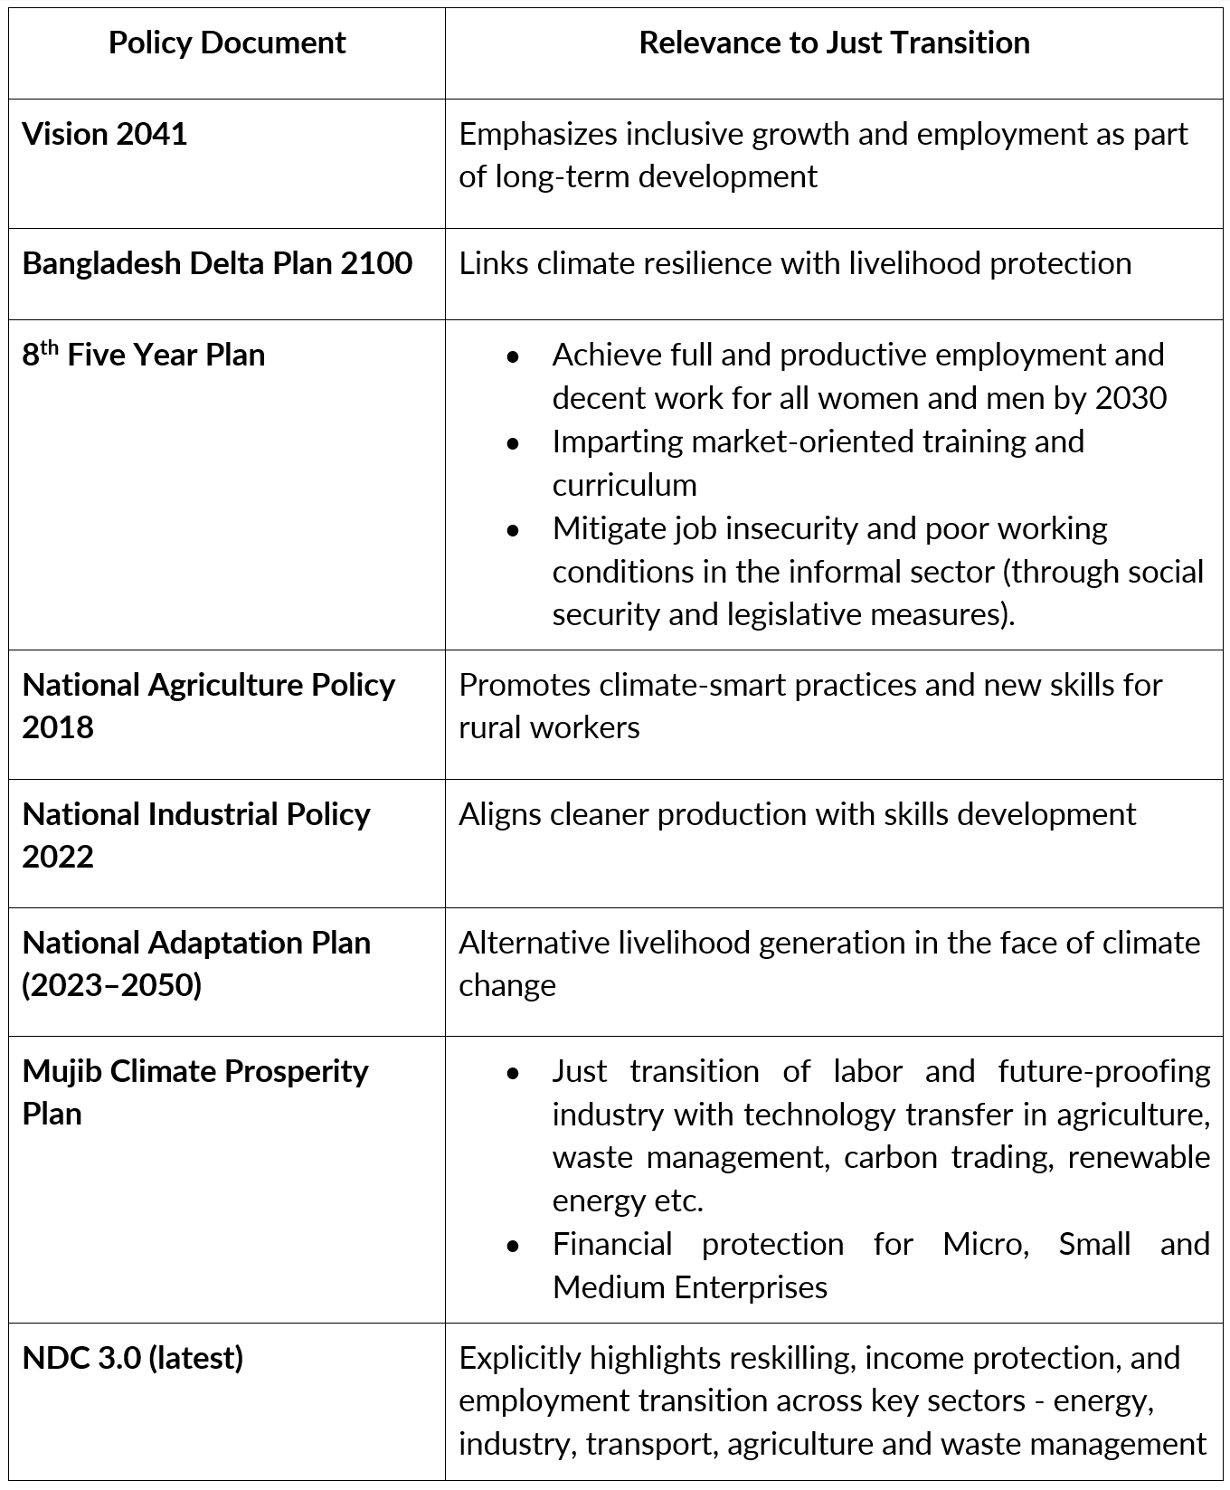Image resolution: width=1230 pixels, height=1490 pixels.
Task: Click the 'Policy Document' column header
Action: tap(227, 43)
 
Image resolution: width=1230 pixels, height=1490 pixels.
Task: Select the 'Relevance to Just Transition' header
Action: tap(834, 43)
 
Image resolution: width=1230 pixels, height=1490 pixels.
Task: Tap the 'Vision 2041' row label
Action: tap(105, 134)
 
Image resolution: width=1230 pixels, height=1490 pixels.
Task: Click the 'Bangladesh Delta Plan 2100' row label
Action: tap(217, 263)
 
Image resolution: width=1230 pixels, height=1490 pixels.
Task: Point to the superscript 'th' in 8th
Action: tap(50, 347)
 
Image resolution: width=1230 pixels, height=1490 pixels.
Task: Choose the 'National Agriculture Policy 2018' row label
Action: tap(208, 706)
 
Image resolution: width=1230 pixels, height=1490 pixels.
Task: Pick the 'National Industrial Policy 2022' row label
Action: tap(196, 834)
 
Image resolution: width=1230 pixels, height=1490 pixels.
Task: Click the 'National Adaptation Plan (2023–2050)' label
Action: tap(196, 963)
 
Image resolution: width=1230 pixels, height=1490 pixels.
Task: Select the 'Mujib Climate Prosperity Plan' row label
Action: tap(195, 1092)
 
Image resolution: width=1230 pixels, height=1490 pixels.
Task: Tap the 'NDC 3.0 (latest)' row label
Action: tap(133, 1358)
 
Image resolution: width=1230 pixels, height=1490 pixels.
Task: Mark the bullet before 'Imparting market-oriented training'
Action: tap(514, 443)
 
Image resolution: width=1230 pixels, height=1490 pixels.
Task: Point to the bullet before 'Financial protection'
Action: tap(514, 1246)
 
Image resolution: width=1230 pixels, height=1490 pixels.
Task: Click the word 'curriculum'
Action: tap(624, 485)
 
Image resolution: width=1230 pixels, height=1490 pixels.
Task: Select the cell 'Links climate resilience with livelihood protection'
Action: tap(795, 263)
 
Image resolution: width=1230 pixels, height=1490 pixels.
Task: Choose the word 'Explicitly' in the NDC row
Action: tap(519, 1358)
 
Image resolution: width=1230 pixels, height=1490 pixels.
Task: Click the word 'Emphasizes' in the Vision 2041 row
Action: tap(537, 134)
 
